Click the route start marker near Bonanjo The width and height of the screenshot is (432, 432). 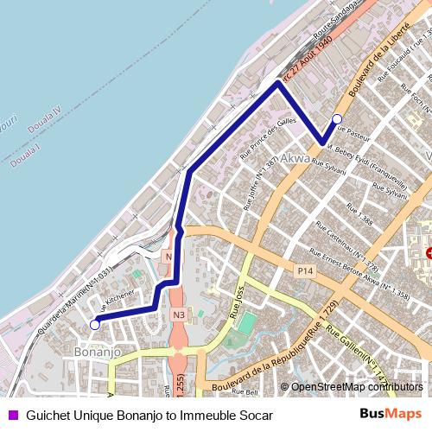93,325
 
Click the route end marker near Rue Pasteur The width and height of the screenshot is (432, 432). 337,118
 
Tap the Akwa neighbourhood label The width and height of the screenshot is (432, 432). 294,158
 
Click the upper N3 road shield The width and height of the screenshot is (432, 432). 169,257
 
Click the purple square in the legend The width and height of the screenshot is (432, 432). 12,416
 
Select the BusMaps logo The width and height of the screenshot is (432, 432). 391,415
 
